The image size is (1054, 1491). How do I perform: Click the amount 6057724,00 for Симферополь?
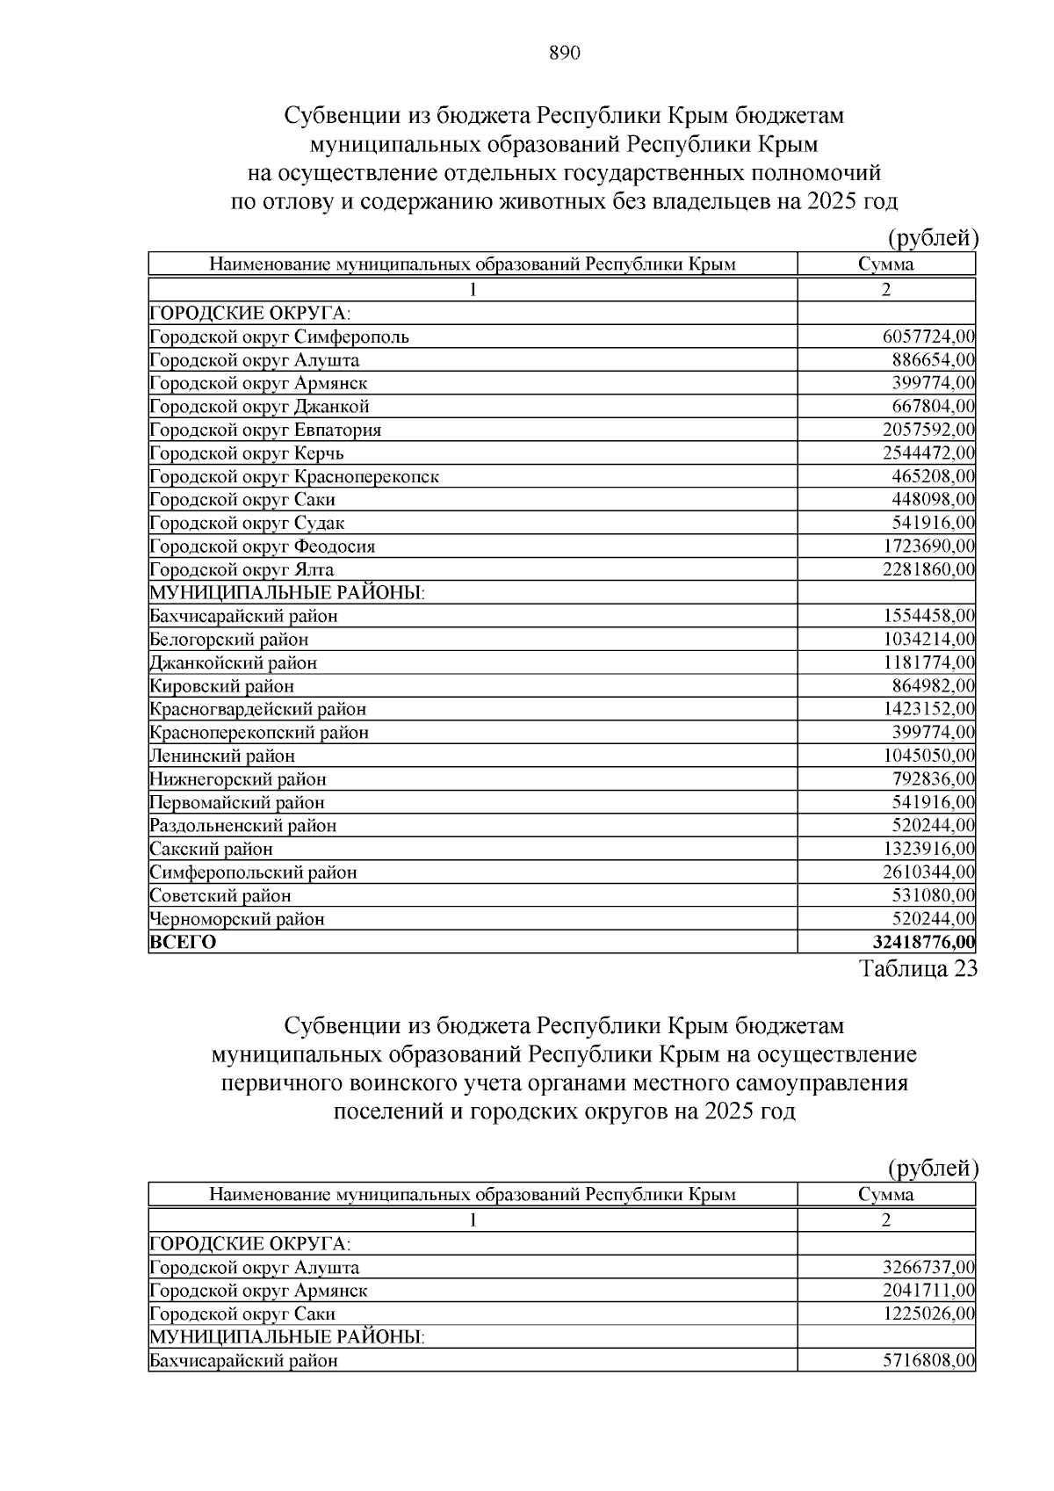point(928,337)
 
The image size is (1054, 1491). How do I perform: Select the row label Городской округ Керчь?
point(247,453)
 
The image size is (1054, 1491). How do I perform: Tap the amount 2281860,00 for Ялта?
point(928,569)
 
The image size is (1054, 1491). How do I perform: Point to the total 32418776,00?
point(923,943)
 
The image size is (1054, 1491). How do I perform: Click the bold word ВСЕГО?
point(183,943)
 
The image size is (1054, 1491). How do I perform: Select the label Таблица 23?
point(917,968)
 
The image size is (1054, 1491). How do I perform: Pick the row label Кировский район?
point(222,686)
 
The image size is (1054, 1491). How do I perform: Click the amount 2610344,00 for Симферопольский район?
point(928,872)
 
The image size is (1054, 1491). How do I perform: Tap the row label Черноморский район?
point(237,919)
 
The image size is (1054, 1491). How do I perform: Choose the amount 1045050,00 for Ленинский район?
point(928,756)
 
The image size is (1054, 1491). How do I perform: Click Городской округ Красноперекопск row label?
point(294,476)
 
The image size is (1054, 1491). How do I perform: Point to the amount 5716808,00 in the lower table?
point(928,1361)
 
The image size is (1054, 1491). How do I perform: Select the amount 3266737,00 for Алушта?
point(928,1268)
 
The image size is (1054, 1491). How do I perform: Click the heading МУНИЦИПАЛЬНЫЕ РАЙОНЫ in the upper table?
point(287,593)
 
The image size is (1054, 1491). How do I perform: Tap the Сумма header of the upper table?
point(885,264)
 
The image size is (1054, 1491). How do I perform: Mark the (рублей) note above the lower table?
point(933,1168)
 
